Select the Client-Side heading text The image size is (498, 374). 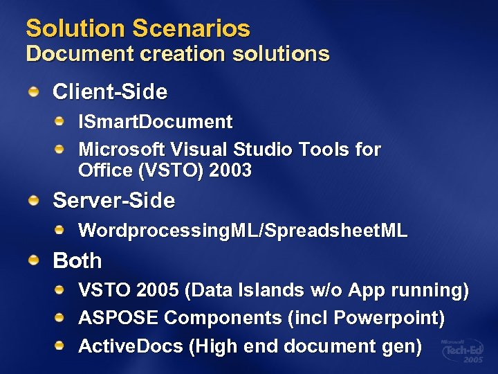click(x=110, y=91)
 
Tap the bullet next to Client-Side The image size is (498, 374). click(x=35, y=91)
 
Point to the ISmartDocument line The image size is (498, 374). click(x=156, y=123)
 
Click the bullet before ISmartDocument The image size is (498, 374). click(x=61, y=123)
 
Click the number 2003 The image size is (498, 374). click(x=232, y=170)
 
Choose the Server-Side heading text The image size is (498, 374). click(x=114, y=201)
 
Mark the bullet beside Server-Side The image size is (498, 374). click(x=35, y=201)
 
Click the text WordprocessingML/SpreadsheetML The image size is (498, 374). click(x=243, y=231)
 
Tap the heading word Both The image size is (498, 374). click(x=77, y=261)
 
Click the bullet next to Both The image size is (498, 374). click(x=35, y=260)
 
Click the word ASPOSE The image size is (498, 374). click(x=119, y=318)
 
